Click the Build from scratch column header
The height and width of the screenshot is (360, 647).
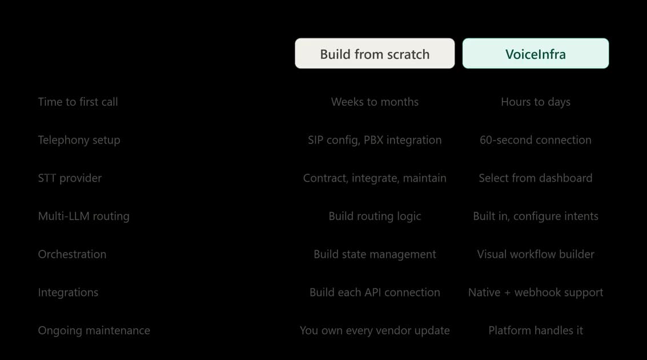pyautogui.click(x=375, y=54)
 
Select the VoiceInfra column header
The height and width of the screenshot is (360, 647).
pyautogui.click(x=536, y=54)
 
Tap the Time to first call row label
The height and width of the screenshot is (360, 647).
pyautogui.click(x=78, y=102)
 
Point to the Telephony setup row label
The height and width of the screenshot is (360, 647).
pyautogui.click(x=79, y=141)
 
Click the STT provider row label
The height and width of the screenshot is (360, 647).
pyautogui.click(x=70, y=178)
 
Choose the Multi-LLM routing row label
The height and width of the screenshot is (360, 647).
pyautogui.click(x=84, y=217)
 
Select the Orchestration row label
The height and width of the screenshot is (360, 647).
pyautogui.click(x=72, y=254)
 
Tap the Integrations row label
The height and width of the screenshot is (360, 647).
pyautogui.click(x=68, y=293)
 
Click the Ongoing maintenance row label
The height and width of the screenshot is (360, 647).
pyautogui.click(x=94, y=331)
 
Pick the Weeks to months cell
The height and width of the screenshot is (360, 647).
pyautogui.click(x=375, y=102)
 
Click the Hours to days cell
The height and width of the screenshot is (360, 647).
pyautogui.click(x=536, y=102)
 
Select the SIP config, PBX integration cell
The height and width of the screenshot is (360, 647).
pyautogui.click(x=375, y=141)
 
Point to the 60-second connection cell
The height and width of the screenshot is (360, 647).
pyautogui.click(x=536, y=140)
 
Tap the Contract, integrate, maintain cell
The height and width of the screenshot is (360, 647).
pyautogui.click(x=375, y=178)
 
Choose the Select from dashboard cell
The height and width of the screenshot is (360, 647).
pyautogui.click(x=536, y=178)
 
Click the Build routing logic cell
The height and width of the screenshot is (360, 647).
pyautogui.click(x=375, y=217)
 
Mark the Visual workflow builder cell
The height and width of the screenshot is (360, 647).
pyautogui.click(x=536, y=254)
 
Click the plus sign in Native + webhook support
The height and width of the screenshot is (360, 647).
pyautogui.click(x=507, y=293)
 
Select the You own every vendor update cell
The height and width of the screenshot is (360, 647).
pyautogui.click(x=375, y=331)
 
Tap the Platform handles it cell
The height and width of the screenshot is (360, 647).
pyautogui.click(x=536, y=330)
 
